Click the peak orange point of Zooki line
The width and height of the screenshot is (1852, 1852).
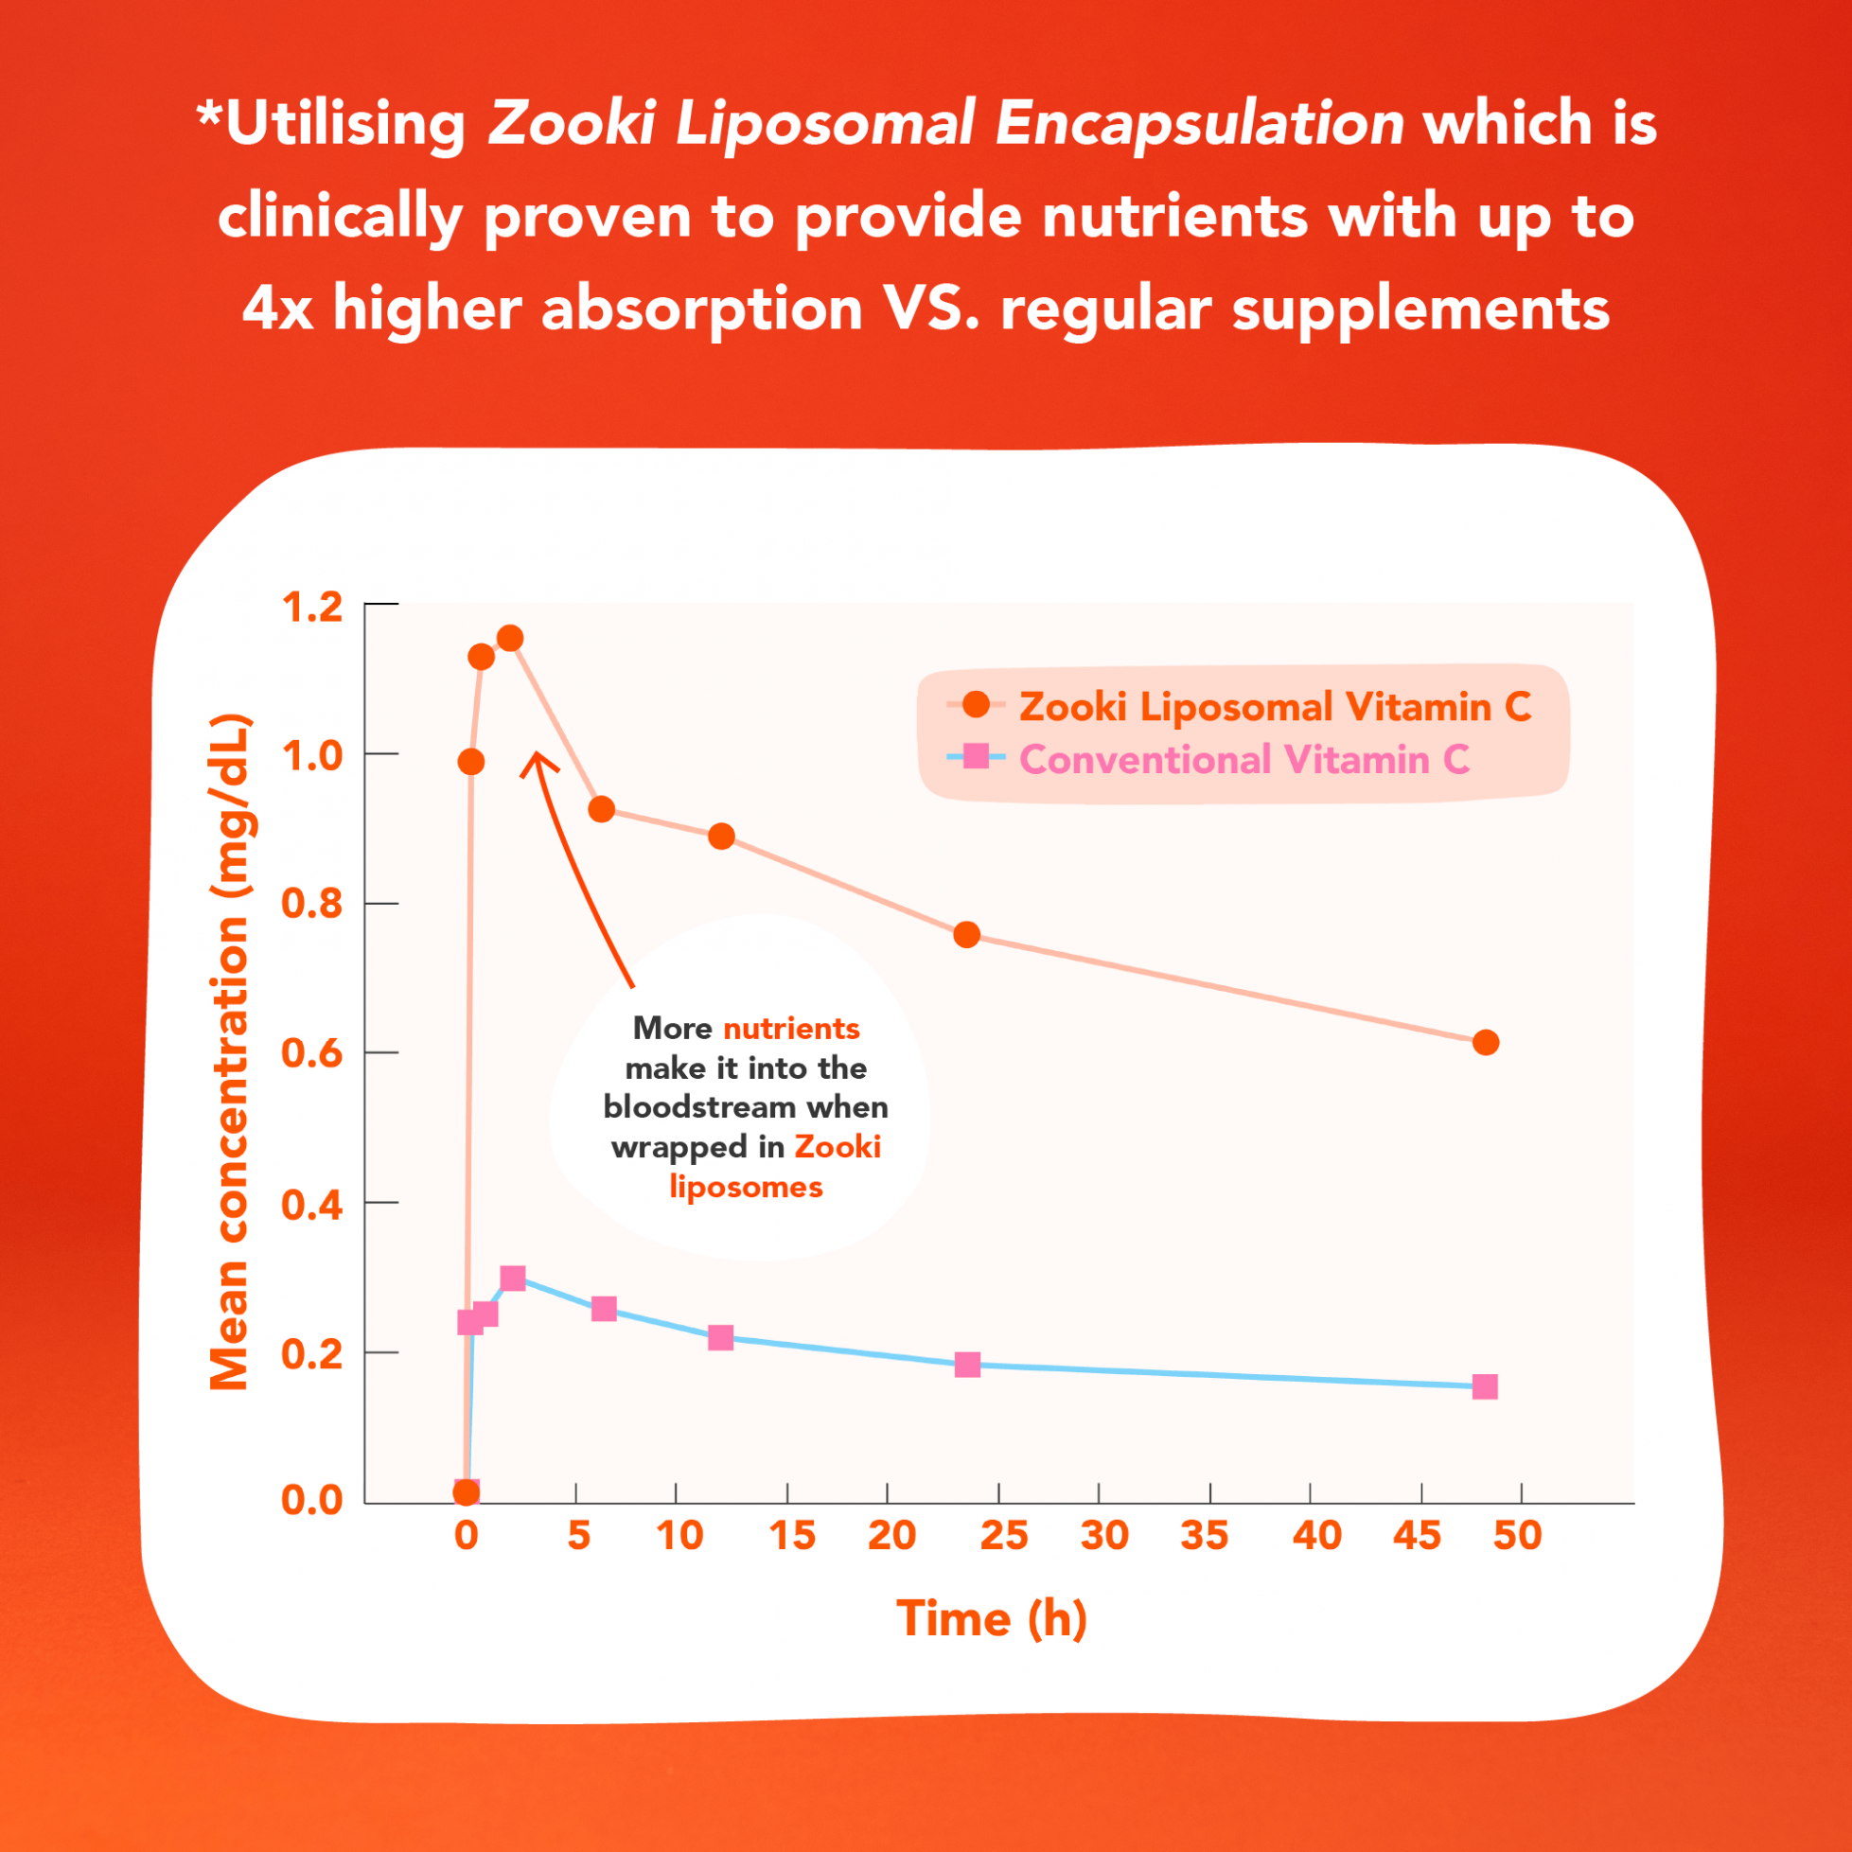pos(510,639)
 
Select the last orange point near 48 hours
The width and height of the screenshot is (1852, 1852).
pos(1485,1042)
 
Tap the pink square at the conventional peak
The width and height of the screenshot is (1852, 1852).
pos(513,1278)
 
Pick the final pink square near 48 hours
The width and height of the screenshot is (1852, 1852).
pos(1485,1387)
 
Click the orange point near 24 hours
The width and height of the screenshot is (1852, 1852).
pos(966,935)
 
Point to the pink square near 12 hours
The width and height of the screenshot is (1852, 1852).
pos(721,1337)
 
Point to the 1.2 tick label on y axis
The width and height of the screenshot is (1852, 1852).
pos(311,608)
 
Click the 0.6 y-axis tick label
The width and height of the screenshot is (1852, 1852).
pos(311,1053)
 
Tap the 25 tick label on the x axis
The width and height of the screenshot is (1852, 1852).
pos(1004,1536)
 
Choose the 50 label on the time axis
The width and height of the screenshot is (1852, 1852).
pos(1516,1536)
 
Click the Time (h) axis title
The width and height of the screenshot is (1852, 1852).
pos(991,1620)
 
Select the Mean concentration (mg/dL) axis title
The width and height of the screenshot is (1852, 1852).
pos(230,1051)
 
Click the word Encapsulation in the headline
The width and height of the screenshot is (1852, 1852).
pos(1199,125)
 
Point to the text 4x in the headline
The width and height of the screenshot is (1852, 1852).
pos(277,309)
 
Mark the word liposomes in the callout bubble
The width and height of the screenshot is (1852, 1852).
pos(746,1187)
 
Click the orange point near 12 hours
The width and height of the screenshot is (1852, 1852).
pos(722,837)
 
